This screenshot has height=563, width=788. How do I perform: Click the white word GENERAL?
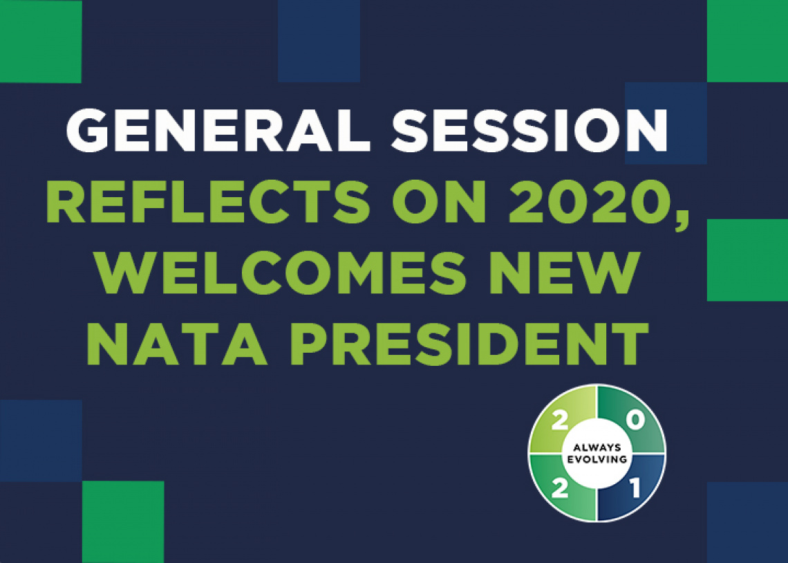click(x=218, y=130)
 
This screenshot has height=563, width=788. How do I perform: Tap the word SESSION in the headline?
click(x=529, y=130)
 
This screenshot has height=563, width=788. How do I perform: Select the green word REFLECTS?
click(x=207, y=201)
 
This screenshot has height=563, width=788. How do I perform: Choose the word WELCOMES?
click(x=283, y=273)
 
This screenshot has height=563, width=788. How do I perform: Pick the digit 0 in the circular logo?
click(x=636, y=421)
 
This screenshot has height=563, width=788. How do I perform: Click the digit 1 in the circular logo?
click(x=635, y=488)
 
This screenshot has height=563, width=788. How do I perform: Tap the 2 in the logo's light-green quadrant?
click(x=559, y=421)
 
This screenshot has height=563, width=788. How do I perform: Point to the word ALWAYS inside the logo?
click(x=597, y=447)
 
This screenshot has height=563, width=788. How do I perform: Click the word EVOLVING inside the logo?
click(x=597, y=459)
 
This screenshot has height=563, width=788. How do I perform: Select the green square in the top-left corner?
click(x=41, y=41)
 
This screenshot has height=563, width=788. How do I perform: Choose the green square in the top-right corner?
click(x=747, y=41)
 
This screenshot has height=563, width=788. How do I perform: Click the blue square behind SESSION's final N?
click(x=666, y=123)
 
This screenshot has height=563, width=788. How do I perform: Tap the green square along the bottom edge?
click(x=123, y=522)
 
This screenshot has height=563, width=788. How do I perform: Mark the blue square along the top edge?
click(x=319, y=41)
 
